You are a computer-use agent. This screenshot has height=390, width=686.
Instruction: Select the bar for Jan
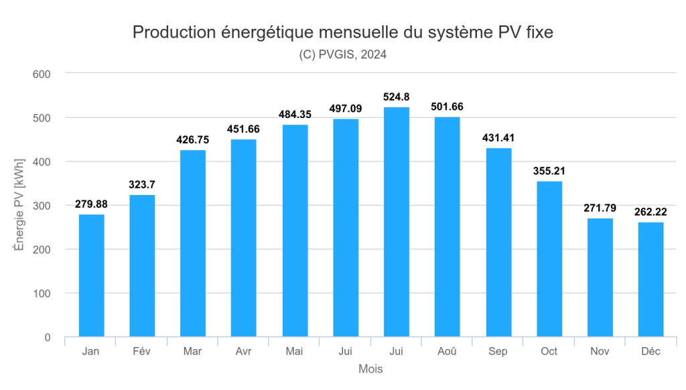coord(91,275)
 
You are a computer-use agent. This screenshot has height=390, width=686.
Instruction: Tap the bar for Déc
coord(650,279)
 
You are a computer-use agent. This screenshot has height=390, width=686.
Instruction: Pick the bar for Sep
coord(498,243)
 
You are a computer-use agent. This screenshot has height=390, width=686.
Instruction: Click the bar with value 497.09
coord(346,228)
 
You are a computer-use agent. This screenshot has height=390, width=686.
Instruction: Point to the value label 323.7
coord(142,184)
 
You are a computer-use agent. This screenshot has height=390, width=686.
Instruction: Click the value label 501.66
coord(448,107)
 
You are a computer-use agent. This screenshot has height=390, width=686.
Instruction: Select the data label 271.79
coord(600,208)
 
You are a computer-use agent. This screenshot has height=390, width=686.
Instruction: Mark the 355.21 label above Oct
coord(549,171)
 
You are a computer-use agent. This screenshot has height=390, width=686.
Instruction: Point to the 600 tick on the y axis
coord(42,74)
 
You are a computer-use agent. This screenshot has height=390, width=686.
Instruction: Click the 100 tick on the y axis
coord(42,294)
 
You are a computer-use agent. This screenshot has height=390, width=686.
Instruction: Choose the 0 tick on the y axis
coord(48,338)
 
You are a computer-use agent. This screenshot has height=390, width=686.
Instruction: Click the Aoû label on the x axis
coord(448,352)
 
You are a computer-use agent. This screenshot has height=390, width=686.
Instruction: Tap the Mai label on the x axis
coord(295,352)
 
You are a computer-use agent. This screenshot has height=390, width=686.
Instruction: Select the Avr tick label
coord(244,352)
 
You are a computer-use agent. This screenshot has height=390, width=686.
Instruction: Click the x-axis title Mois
coord(370,369)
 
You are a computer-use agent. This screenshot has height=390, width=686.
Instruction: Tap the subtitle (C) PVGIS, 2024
coord(343,55)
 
